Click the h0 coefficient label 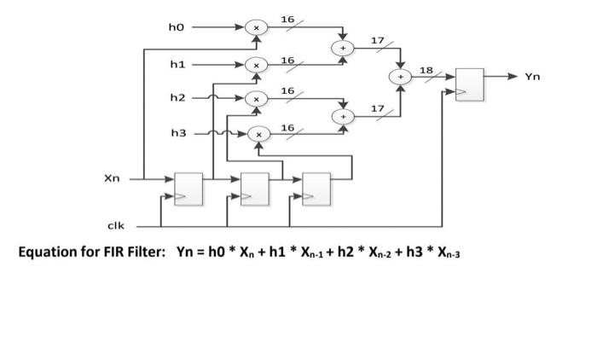177,27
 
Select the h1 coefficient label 177,64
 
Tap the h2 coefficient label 177,98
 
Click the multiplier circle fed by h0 255,28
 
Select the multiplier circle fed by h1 255,64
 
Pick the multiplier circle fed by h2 255,99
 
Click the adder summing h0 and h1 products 342,49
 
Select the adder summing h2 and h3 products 342,116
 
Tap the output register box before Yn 469,84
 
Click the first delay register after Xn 188,189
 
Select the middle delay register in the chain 254,189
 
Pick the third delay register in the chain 316,189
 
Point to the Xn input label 113,179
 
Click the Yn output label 532,77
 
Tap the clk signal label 115,226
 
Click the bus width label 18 426,69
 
